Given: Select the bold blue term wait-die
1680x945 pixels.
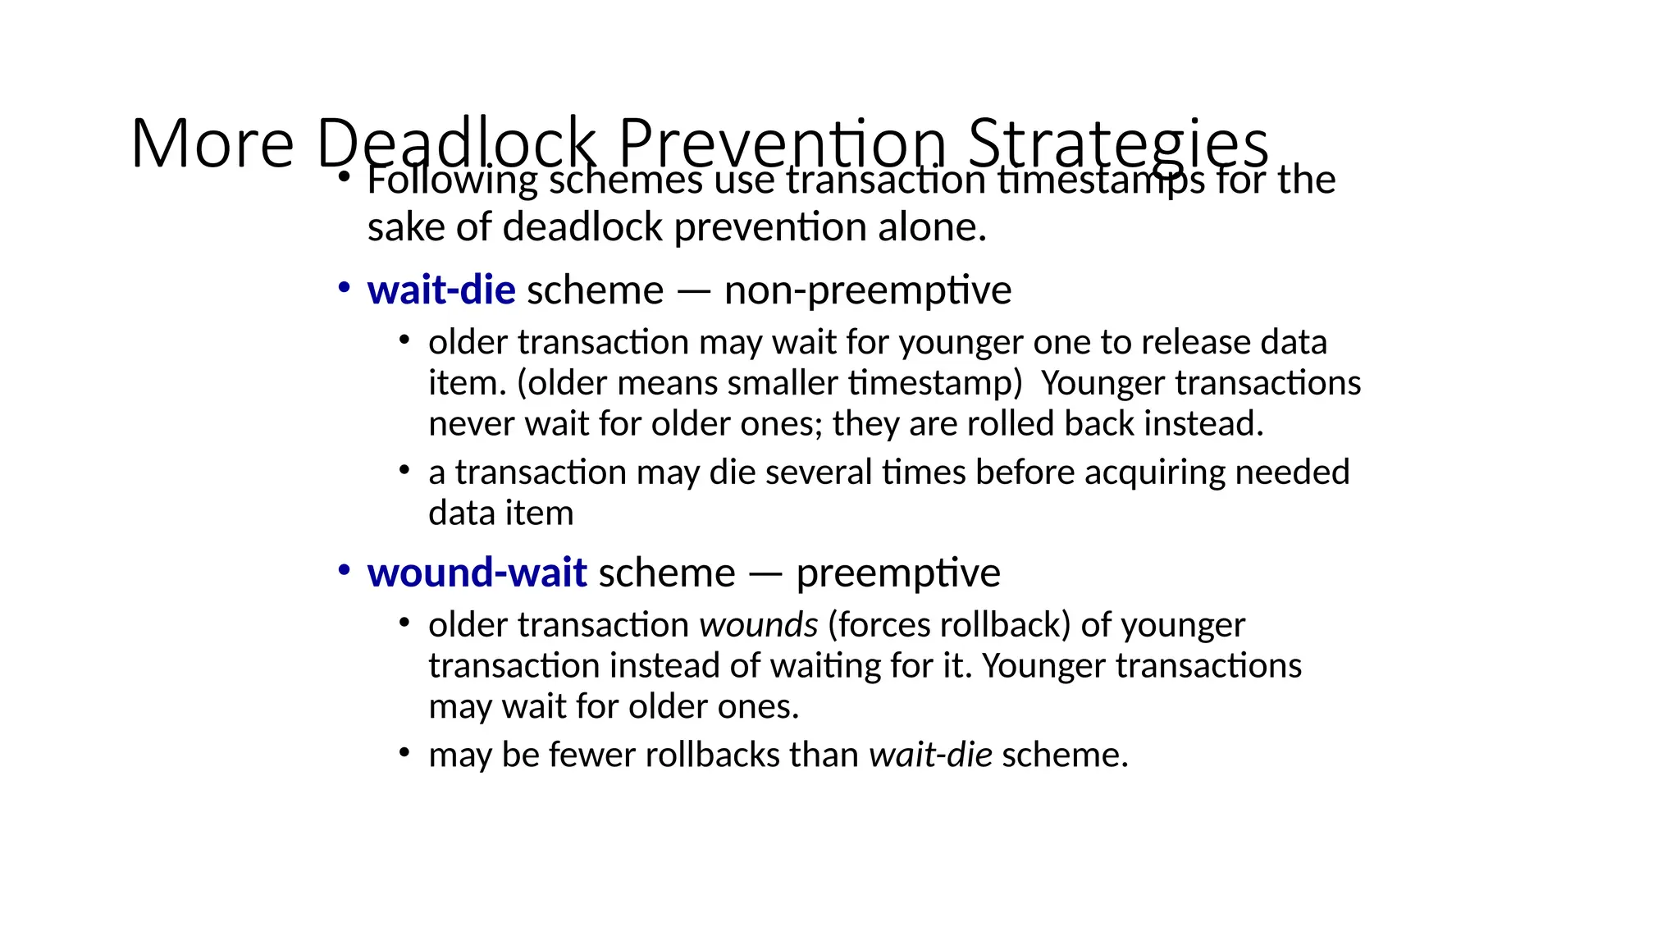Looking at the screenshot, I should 441,290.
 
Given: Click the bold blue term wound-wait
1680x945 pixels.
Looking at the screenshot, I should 477,573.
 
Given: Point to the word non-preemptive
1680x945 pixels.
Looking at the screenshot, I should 868,290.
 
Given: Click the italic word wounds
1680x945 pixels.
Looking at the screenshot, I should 758,625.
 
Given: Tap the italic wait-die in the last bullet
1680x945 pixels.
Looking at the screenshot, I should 930,755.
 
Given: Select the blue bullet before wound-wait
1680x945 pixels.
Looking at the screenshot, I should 345,569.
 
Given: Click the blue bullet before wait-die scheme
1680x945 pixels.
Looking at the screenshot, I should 345,287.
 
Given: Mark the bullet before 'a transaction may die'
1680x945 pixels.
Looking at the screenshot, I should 404,470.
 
